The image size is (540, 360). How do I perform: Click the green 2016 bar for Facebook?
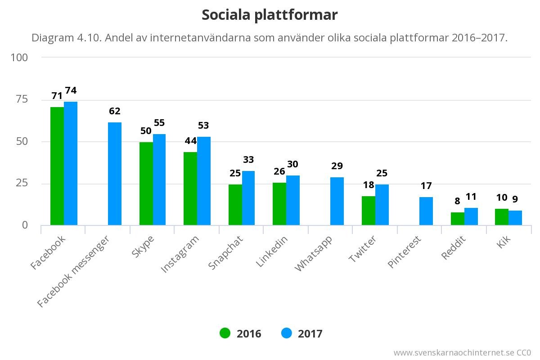pos(57,166)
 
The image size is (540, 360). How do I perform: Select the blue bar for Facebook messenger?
pos(115,174)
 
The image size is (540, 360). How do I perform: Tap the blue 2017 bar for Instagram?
pos(204,181)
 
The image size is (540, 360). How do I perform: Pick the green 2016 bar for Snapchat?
pos(235,205)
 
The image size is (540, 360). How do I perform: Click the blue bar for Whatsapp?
pos(337,201)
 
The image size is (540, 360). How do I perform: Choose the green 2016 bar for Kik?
pos(502,217)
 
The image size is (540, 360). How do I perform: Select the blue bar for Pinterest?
pos(426,211)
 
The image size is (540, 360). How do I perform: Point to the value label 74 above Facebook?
pos(71,90)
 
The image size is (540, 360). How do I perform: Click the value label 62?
pos(115,111)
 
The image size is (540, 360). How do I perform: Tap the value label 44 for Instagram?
pos(191,141)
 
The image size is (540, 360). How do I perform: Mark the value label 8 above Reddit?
pos(457,201)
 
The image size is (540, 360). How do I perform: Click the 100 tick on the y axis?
pos(19,58)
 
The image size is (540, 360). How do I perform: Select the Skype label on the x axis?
pos(144,246)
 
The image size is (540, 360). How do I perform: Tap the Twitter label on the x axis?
pos(363,249)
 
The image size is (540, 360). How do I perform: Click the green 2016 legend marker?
pos(225,333)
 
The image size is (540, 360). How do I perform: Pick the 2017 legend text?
pos(310,334)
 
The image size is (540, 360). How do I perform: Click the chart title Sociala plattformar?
pos(270,15)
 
